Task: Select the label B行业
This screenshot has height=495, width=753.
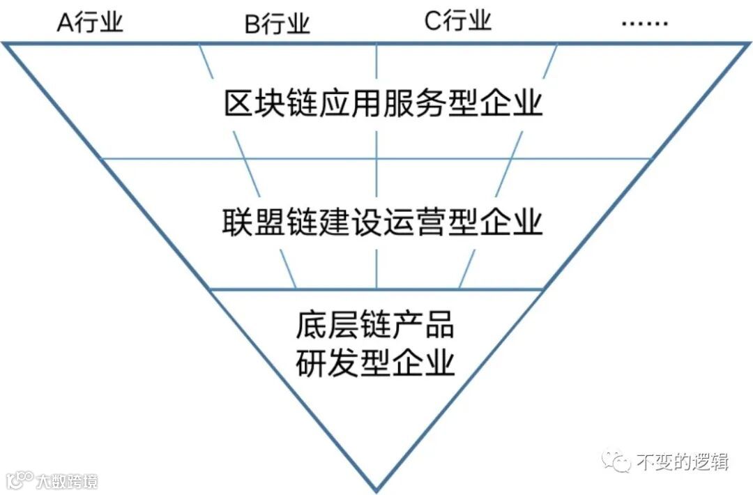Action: coord(277,24)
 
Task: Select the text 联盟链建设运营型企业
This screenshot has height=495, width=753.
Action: coord(382,222)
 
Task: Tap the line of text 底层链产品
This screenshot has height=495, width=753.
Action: coord(375,325)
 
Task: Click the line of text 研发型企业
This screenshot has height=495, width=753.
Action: coord(375,363)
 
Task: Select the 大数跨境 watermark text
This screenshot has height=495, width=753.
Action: coord(67,480)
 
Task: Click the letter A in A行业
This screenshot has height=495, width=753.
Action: coord(64,23)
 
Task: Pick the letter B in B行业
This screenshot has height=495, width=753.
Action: coord(251,25)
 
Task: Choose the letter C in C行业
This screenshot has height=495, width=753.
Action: coord(432,22)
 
